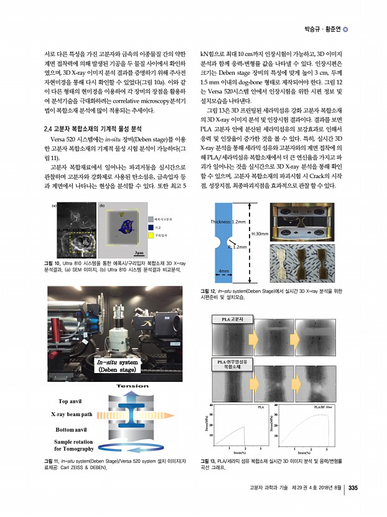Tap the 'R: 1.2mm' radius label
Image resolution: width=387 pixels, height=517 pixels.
239,247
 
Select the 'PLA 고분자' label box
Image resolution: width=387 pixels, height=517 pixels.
228,320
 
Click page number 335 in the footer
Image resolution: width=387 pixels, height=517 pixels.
352,488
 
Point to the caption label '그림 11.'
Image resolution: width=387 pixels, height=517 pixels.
50,461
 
